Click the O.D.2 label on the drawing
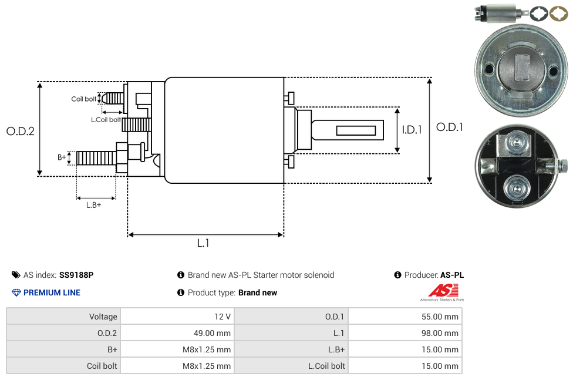[x=21, y=131]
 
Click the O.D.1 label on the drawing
[x=450, y=127]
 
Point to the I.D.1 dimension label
[x=412, y=130]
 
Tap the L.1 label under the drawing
[x=203, y=243]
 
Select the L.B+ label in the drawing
[x=93, y=205]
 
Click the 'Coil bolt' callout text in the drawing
[x=84, y=99]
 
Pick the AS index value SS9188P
[x=76, y=275]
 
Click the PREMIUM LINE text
[x=52, y=292]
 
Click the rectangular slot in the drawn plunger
[x=356, y=129]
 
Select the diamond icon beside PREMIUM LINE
[x=16, y=292]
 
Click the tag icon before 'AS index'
[x=16, y=275]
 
